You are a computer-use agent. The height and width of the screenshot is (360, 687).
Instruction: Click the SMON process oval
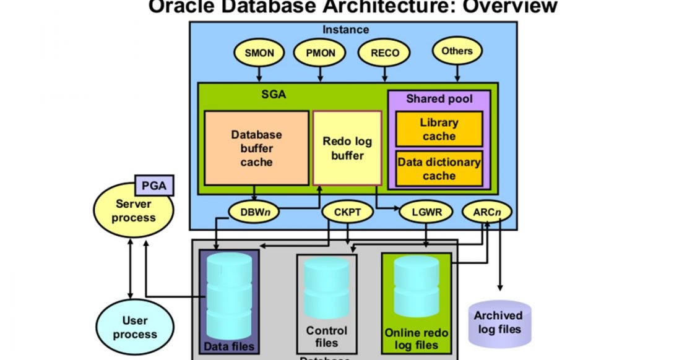[259, 53]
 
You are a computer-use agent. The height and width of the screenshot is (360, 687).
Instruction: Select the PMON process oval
[321, 53]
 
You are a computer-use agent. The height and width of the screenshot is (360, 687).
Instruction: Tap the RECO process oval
[384, 53]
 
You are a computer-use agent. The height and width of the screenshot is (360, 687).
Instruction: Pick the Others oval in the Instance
[457, 52]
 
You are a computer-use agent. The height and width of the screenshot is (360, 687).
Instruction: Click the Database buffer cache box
[256, 148]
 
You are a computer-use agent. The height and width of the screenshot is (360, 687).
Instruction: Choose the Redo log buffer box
[347, 148]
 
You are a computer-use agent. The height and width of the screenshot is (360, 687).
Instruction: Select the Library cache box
[439, 129]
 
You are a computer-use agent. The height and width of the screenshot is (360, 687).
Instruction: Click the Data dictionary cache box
[439, 169]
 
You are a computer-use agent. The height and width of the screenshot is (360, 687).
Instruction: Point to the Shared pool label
[439, 99]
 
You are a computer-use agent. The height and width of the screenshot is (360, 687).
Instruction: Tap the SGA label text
[273, 95]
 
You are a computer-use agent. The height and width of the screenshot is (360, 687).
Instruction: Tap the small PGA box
[154, 185]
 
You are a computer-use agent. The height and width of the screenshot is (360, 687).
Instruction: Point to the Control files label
[326, 336]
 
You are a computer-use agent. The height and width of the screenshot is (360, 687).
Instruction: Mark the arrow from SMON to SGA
[259, 74]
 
